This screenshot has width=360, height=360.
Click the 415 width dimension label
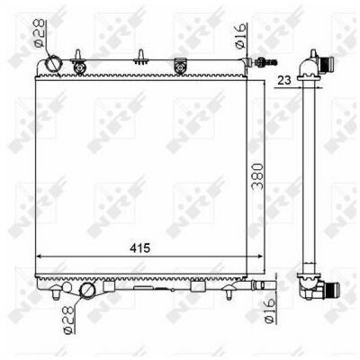pyautogui.click(x=139, y=248)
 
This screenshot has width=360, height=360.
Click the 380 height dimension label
pyautogui.click(x=257, y=176)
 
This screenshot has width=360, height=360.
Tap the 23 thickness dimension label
pyautogui.click(x=284, y=80)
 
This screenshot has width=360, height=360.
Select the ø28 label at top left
pyautogui.click(x=39, y=32)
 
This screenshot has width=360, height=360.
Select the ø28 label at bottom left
pyautogui.click(x=68, y=319)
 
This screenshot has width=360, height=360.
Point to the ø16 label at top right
pyautogui.click(x=240, y=36)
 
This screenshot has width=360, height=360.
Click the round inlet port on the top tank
pyautogui.click(x=53, y=63)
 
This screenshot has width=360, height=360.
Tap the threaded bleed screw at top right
pyautogui.click(x=265, y=62)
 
